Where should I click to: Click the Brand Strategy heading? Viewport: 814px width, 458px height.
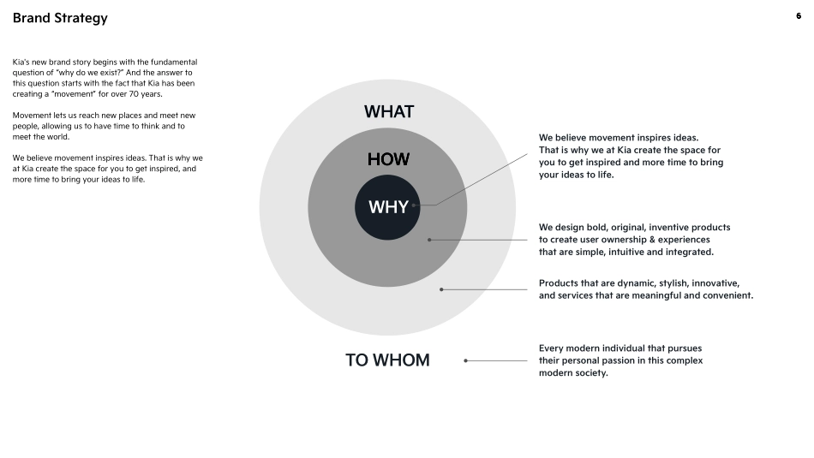click(x=60, y=18)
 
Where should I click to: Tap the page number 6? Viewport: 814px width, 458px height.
click(x=799, y=15)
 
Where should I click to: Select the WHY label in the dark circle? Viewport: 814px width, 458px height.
click(x=388, y=207)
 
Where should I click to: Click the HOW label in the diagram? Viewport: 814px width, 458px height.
click(x=388, y=159)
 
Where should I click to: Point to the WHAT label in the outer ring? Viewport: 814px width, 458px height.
click(x=388, y=112)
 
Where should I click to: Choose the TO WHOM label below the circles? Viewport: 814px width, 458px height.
click(x=387, y=360)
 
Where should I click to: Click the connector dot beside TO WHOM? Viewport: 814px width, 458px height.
click(x=465, y=360)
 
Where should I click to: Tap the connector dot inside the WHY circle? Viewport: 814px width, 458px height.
click(x=414, y=205)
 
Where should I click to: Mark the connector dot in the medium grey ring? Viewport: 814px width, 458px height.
click(x=429, y=240)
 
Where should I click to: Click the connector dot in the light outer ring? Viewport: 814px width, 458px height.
click(x=441, y=289)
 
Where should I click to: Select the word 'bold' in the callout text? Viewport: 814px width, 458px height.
click(x=604, y=228)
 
